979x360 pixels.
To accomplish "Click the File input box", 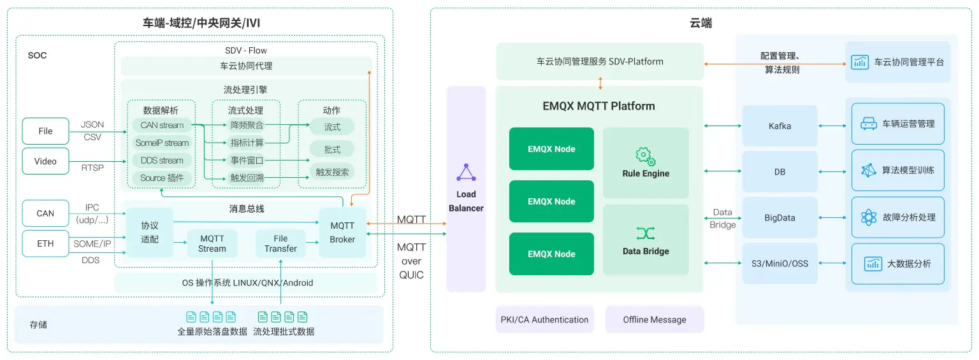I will pyautogui.click(x=45, y=131).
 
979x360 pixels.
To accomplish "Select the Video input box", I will pyautogui.click(x=45, y=161).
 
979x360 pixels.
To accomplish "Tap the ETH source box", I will pyautogui.click(x=45, y=243).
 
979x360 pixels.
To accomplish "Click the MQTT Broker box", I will pyautogui.click(x=342, y=233).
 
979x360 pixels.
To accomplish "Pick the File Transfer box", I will pyautogui.click(x=280, y=243).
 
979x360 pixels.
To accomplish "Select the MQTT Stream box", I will pyautogui.click(x=212, y=243).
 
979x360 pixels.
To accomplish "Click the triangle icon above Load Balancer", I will pyautogui.click(x=466, y=173).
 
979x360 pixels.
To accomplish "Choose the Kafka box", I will pyautogui.click(x=780, y=126).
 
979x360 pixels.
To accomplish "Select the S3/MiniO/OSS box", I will pyautogui.click(x=780, y=263).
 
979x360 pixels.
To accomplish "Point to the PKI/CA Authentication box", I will pyautogui.click(x=544, y=320).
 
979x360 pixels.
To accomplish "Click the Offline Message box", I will pyautogui.click(x=655, y=320).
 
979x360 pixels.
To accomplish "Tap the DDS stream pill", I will pyautogui.click(x=162, y=161).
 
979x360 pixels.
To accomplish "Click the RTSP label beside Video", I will pyautogui.click(x=92, y=168).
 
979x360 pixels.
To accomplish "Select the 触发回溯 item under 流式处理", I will pyautogui.click(x=246, y=178).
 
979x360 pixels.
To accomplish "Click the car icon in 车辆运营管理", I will pyautogui.click(x=868, y=124).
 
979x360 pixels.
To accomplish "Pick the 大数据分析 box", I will pyautogui.click(x=897, y=263).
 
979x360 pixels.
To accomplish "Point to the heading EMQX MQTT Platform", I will pyautogui.click(x=598, y=106).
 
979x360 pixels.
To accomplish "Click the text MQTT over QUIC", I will pyautogui.click(x=411, y=261).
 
